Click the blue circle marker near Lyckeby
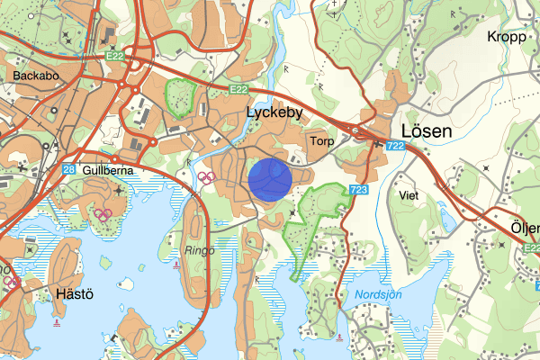269,177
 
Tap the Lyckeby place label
275,113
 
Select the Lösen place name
425,130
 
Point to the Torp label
320,141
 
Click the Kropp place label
506,37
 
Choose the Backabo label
36,76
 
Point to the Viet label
408,194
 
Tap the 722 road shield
393,145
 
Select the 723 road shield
359,189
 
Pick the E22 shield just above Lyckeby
238,90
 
